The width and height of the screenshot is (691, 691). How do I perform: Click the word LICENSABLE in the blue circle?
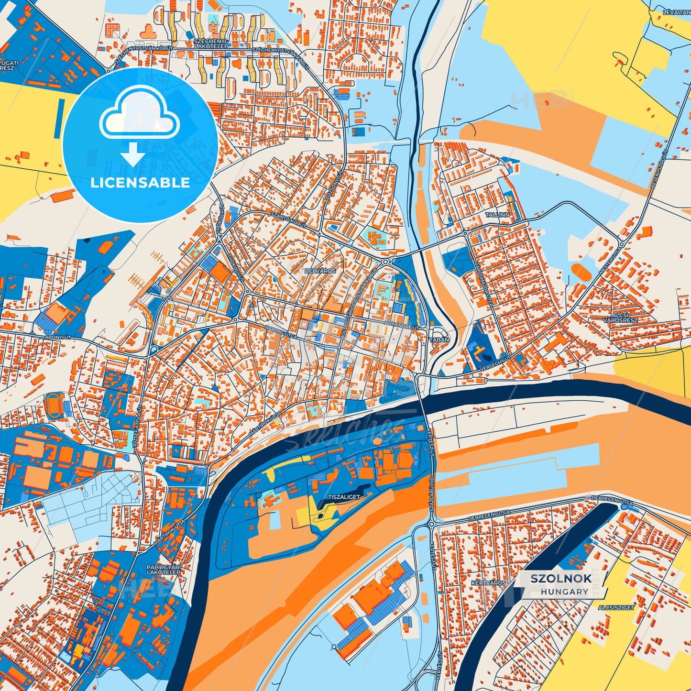(x=140, y=183)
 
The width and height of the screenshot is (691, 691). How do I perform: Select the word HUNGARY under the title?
(x=565, y=592)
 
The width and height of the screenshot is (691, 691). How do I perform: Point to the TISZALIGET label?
(x=344, y=497)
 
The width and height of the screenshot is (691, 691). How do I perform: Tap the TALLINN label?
(x=497, y=215)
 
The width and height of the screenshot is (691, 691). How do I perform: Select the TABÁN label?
(x=440, y=340)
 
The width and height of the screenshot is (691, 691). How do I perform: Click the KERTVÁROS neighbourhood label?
(x=488, y=583)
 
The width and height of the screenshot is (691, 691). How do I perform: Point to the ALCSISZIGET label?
(x=616, y=607)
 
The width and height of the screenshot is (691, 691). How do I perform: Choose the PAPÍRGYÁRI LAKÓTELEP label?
(x=163, y=570)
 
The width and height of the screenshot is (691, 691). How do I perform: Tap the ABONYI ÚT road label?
(x=58, y=337)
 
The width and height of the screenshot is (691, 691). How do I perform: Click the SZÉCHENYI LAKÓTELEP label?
(x=211, y=44)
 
